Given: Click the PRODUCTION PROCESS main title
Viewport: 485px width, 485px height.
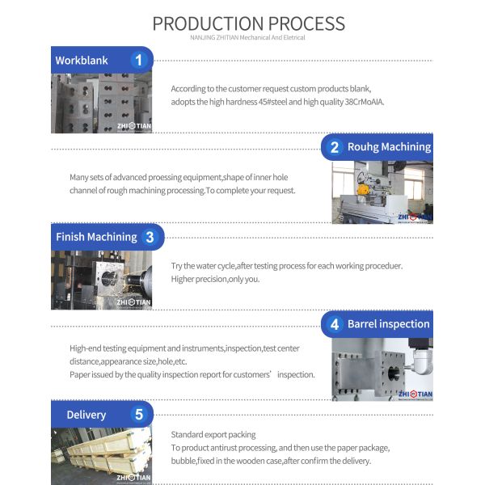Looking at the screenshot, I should [248, 23].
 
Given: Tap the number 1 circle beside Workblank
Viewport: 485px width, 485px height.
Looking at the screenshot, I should [139, 60].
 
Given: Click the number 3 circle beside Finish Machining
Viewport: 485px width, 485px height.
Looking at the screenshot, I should [150, 237].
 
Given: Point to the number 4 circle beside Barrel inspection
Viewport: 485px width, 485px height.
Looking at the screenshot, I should [334, 324].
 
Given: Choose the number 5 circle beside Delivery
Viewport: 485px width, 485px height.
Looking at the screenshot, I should [139, 415].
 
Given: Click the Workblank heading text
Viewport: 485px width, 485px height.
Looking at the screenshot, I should [82, 61].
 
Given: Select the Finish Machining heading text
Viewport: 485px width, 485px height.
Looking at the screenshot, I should [96, 237].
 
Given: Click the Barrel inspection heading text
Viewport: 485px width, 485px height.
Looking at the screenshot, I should [389, 324].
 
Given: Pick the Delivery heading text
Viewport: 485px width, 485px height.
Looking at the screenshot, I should [86, 415].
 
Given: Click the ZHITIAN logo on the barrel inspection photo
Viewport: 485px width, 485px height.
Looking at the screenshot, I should [415, 394].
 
